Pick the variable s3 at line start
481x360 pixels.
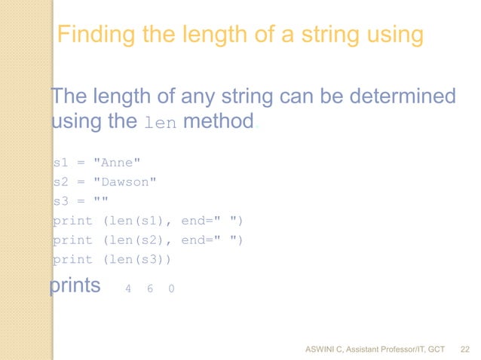(60, 201)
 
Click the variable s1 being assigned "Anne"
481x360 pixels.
(60, 162)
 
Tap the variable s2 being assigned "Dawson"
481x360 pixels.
(60, 182)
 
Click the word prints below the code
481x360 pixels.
(75, 287)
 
